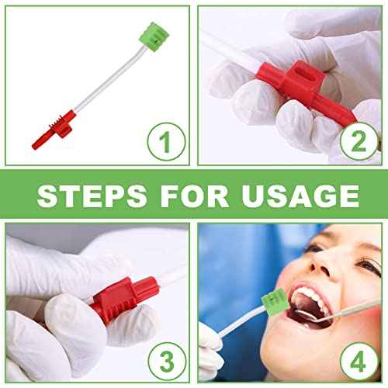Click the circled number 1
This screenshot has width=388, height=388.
pyautogui.click(x=166, y=143)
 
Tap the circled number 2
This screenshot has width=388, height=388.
pyautogui.click(x=359, y=143)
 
